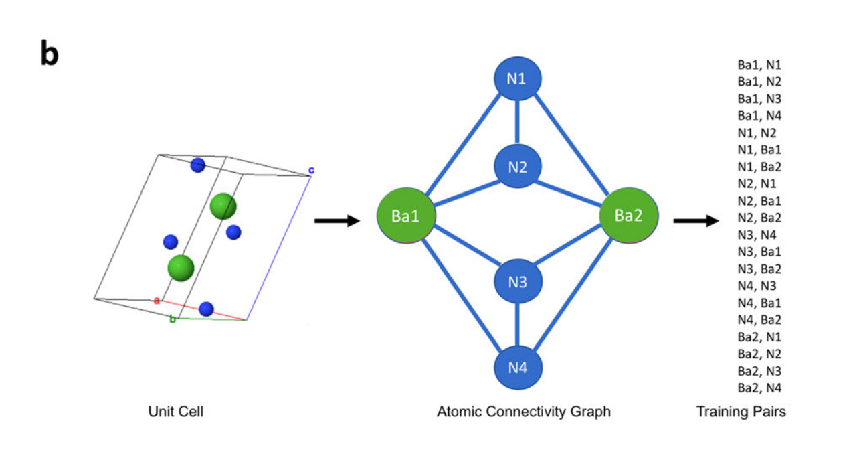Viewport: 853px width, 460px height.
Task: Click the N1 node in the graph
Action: [x=516, y=79]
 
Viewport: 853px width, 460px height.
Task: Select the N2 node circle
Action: [x=516, y=167]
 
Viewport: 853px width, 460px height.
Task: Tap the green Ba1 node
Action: [x=407, y=217]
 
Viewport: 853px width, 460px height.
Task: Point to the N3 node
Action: [x=516, y=282]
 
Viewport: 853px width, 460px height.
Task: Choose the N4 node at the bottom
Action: [x=516, y=368]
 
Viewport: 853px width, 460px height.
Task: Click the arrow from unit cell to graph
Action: [x=337, y=221]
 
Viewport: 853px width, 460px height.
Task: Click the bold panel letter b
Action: [x=49, y=54]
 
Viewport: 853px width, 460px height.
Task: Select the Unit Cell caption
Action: [x=175, y=412]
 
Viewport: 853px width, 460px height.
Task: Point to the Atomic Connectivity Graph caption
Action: [x=523, y=412]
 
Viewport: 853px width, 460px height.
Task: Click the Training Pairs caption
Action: [x=741, y=412]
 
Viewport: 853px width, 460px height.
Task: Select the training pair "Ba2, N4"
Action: [x=759, y=387]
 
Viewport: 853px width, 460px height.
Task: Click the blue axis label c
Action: [x=311, y=170]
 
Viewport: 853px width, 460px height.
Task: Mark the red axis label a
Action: [x=157, y=301]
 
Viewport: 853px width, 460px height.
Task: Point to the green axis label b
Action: [x=173, y=319]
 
